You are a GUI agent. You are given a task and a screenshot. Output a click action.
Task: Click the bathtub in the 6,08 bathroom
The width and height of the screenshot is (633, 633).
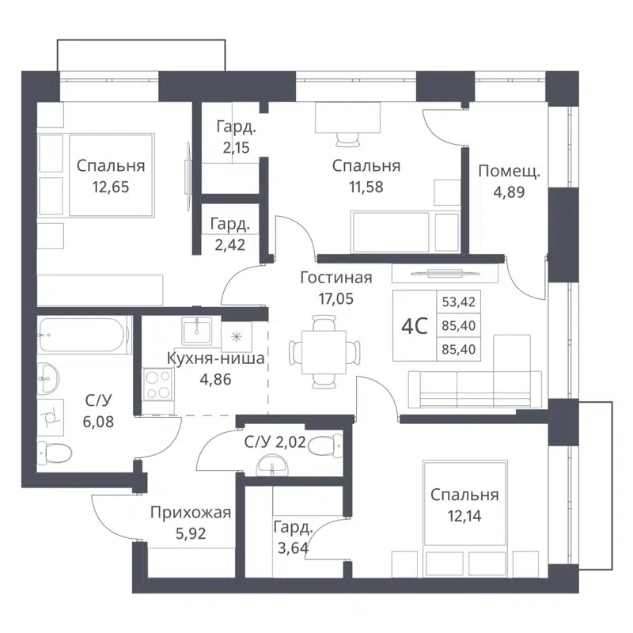pyautogui.click(x=83, y=336)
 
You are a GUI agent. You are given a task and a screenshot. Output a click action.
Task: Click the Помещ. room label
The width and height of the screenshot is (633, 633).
pyautogui.click(x=509, y=169)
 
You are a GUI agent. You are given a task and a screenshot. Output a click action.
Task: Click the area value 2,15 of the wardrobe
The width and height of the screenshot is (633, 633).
pyautogui.click(x=236, y=146)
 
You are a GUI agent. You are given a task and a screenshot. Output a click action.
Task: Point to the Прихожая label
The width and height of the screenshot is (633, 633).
pyautogui.click(x=191, y=513)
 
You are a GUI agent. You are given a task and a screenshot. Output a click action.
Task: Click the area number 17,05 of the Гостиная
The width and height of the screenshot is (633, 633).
pyautogui.click(x=336, y=299)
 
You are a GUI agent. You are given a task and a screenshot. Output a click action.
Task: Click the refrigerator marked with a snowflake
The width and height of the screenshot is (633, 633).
pyautogui.click(x=237, y=335)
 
